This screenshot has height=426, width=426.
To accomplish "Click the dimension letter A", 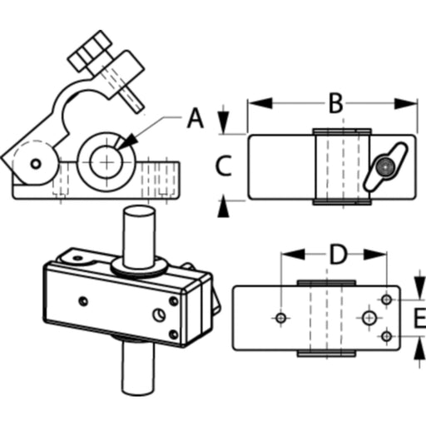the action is [x=196, y=118].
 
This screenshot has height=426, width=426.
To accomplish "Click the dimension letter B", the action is [x=336, y=103].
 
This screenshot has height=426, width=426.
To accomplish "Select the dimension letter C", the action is [x=224, y=166].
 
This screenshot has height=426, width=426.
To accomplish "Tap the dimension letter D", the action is [x=338, y=254].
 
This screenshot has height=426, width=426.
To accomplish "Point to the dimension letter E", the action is [x=420, y=318].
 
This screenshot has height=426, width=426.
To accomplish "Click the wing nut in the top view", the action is [x=386, y=167].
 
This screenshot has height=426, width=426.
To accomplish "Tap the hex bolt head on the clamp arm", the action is [x=90, y=51].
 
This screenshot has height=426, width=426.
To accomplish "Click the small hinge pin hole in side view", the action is [x=36, y=164].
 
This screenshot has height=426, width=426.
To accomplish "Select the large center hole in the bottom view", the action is [x=369, y=318].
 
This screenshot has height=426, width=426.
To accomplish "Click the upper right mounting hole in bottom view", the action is [x=386, y=300].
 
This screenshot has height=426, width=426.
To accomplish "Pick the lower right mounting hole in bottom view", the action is [x=386, y=336].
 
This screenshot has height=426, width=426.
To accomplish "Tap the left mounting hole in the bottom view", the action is [x=281, y=318].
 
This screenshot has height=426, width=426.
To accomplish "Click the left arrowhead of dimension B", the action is [x=260, y=103].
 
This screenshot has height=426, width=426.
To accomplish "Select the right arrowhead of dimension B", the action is [x=405, y=103].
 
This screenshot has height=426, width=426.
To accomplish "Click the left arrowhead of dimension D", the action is [x=293, y=254].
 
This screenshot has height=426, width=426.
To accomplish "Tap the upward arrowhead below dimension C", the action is [x=223, y=206].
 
